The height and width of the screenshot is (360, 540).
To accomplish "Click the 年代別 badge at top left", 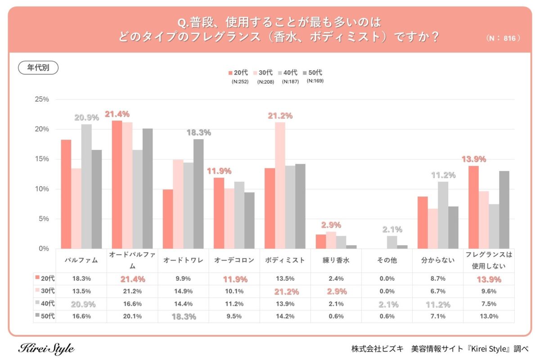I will point(38,67).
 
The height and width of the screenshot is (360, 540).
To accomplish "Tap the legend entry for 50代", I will point(313,72).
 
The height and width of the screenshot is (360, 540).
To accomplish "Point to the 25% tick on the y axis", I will point(42,99).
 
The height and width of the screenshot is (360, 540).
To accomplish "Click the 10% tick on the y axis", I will point(42,189).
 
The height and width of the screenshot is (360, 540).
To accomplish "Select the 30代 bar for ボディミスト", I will point(280,185).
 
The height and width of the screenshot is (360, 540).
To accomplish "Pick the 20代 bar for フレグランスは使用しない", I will point(473,207).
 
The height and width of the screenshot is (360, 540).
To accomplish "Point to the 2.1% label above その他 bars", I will point(392,229).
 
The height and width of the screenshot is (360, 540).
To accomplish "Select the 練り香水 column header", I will point(336,260).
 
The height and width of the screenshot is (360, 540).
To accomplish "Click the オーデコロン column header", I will point(234,260).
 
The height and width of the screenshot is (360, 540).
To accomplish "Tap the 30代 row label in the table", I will point(45,291).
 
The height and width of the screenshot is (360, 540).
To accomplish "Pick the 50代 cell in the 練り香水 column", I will point(336,316).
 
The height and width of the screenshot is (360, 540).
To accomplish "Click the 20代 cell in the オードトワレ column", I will point(183,279).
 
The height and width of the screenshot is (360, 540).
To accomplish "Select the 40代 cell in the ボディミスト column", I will point(285,304).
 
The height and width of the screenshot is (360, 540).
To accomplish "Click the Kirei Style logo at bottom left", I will point(46,348).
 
